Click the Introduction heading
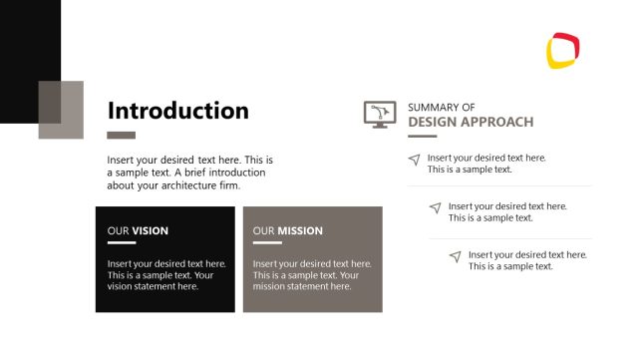click(177, 111)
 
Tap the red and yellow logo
click(563, 51)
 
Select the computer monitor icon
click(380, 114)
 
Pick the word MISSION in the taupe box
click(300, 231)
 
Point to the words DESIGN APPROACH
click(471, 123)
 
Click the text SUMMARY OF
click(442, 107)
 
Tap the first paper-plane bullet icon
click(414, 160)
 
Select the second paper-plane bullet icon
click(435, 207)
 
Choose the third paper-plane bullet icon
click(455, 256)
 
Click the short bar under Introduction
click(121, 135)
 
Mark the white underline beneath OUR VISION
click(121, 242)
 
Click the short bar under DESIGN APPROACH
click(422, 136)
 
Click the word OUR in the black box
click(118, 231)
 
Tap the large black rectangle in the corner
click(25, 50)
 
